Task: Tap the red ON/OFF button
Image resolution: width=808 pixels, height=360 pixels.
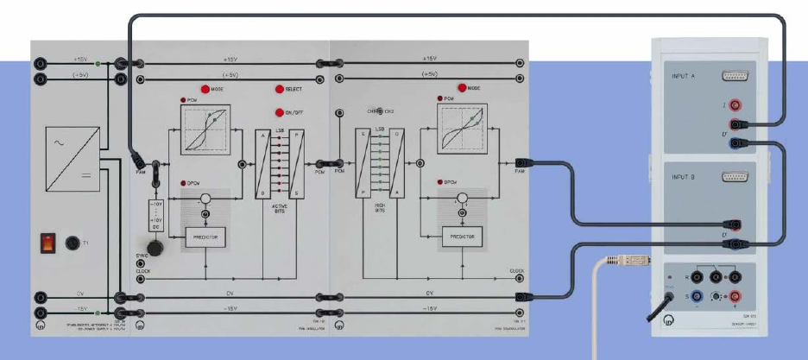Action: pos(280,112)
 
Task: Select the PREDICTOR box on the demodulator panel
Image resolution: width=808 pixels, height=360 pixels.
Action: pos(462,236)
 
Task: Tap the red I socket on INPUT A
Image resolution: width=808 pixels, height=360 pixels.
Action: pos(736,104)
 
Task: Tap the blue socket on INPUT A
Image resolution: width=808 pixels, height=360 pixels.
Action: pos(736,142)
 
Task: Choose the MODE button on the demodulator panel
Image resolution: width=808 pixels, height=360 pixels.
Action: pos(461,89)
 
